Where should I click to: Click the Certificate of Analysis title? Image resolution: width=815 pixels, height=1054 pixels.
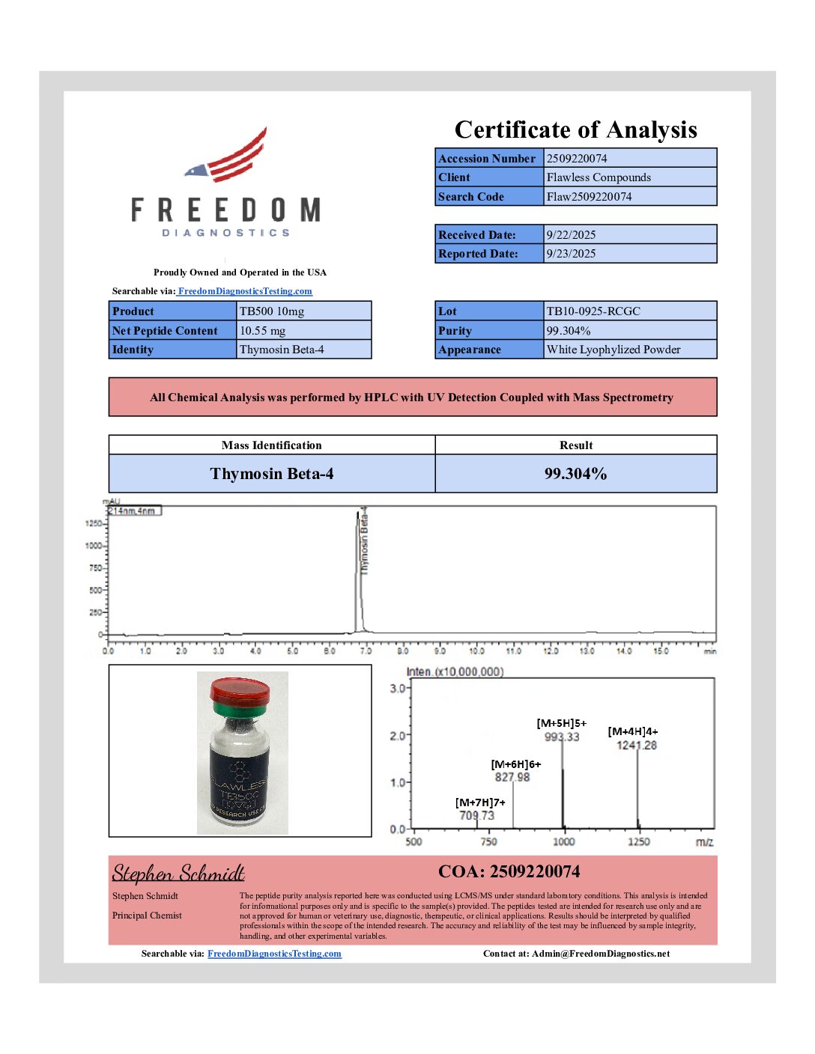(x=575, y=130)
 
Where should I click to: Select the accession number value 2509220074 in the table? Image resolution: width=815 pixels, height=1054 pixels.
(x=577, y=158)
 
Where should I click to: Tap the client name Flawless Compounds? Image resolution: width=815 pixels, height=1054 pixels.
(x=599, y=177)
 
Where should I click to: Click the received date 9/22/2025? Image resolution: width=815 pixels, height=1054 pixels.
(x=571, y=234)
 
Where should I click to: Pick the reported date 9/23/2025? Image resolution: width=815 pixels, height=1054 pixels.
(x=571, y=254)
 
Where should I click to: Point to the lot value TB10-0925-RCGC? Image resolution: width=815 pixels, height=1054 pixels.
(x=593, y=311)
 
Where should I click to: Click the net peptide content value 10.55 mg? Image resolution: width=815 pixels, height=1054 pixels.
(x=262, y=331)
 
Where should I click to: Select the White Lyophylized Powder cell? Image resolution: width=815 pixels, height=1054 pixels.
(x=613, y=350)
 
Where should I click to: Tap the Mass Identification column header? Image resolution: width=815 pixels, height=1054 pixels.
(x=271, y=445)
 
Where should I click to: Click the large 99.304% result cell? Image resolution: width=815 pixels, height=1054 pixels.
(x=575, y=474)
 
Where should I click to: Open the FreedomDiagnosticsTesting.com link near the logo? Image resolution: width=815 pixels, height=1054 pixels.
(x=245, y=291)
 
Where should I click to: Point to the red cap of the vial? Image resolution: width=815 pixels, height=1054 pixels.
(x=240, y=690)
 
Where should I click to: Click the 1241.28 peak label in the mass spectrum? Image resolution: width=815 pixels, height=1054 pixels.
(x=636, y=746)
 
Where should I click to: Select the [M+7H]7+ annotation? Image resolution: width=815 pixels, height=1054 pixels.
(x=480, y=802)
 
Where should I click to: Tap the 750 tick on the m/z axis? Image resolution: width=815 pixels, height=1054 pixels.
(x=488, y=841)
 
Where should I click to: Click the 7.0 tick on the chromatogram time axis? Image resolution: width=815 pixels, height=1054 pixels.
(x=366, y=651)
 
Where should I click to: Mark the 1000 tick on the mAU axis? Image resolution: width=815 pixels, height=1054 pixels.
(x=94, y=546)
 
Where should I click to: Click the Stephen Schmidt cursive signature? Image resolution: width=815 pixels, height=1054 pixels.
(x=178, y=874)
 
